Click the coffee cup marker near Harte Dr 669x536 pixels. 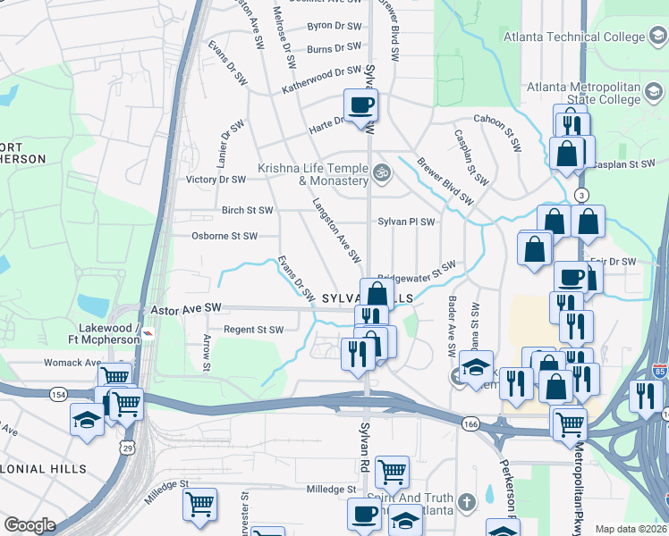click(360, 105)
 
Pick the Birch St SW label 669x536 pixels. click(247, 211)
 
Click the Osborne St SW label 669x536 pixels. click(224, 236)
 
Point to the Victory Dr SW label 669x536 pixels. click(215, 180)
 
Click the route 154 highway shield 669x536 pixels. click(58, 394)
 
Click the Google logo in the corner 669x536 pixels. click(30, 525)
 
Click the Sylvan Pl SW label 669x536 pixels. click(406, 222)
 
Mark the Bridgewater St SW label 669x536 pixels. click(417, 271)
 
